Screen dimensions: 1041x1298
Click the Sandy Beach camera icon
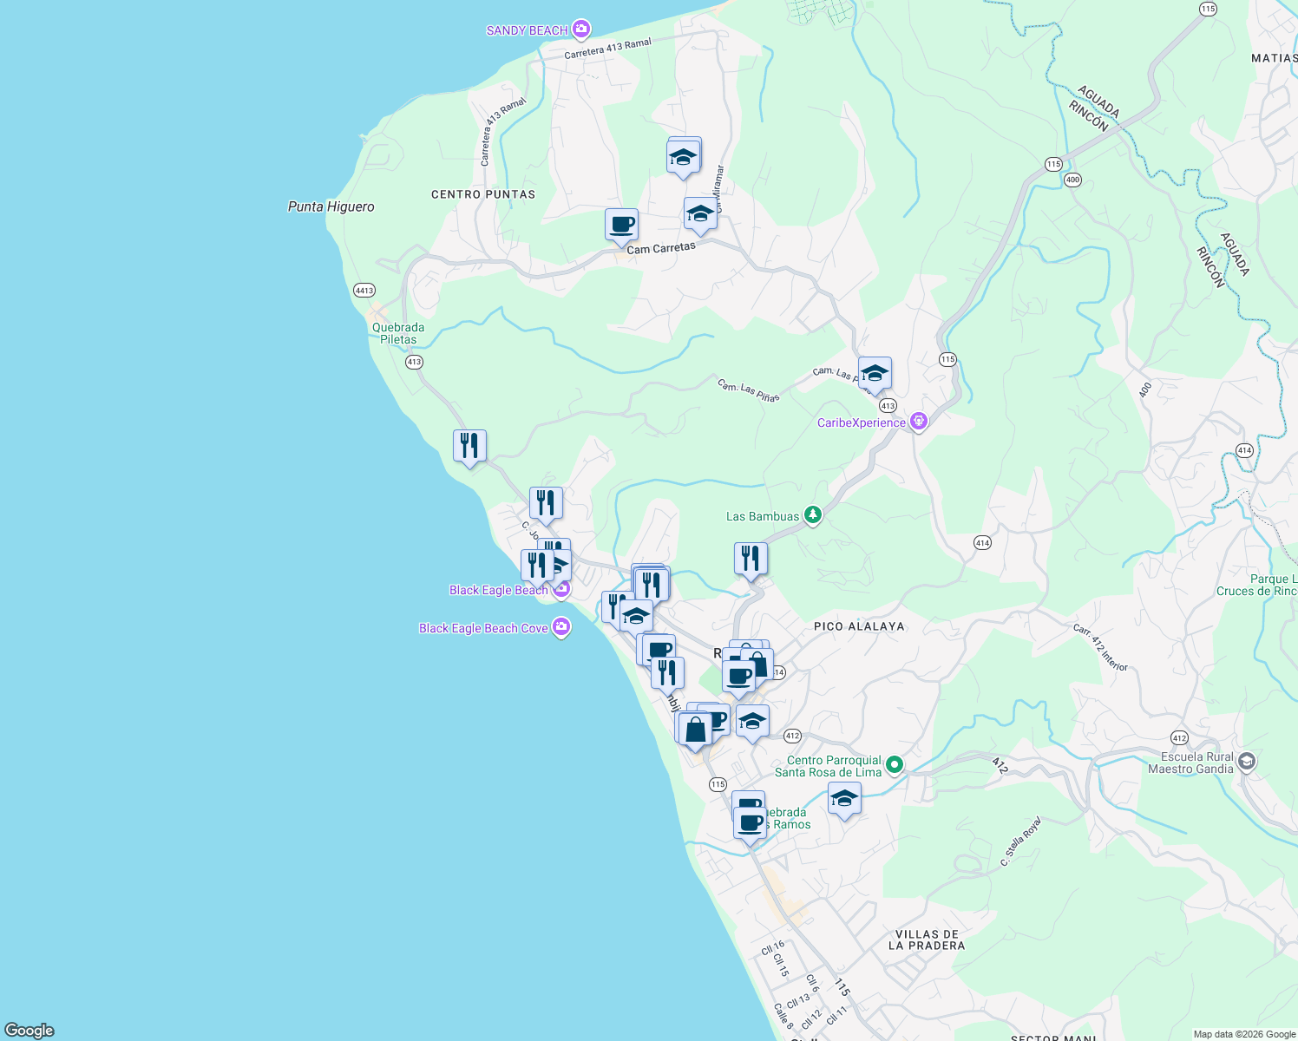pos(581,30)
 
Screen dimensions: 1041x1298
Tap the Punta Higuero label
pos(331,206)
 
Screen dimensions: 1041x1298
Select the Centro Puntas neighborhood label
pos(483,194)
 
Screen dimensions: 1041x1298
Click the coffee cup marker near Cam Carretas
pos(621,225)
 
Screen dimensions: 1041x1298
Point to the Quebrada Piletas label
pos(398,334)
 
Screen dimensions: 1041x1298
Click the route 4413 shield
pos(364,291)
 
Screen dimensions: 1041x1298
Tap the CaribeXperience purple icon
pos(919,422)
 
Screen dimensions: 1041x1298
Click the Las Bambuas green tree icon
pos(812,516)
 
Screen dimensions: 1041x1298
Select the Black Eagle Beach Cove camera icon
pos(561,628)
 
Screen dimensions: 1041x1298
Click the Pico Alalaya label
pos(859,626)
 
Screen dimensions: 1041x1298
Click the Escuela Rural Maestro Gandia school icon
pos(1247,763)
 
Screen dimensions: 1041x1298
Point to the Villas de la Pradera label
pos(927,940)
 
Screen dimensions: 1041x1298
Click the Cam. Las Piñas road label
pos(748,390)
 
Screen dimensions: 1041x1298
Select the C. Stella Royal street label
pos(1019,841)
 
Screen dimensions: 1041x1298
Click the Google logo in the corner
pos(29,1031)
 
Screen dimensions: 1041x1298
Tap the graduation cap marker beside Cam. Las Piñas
pos(875,374)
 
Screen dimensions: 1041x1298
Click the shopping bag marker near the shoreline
pos(695,729)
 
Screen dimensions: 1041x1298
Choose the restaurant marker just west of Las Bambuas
pos(751,558)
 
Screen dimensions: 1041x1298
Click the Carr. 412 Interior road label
pos(1100,647)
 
